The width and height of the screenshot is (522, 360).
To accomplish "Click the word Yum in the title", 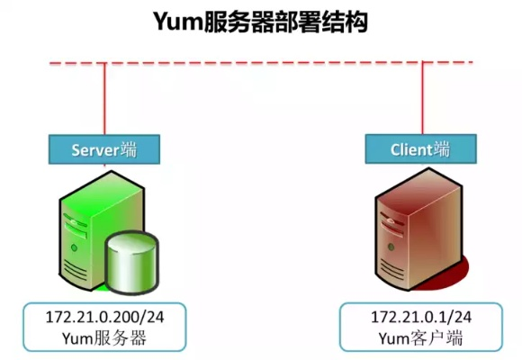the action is pyautogui.click(x=178, y=22).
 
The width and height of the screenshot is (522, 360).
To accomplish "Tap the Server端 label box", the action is pyautogui.click(x=104, y=149).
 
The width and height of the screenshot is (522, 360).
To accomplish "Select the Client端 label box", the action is pyautogui.click(x=421, y=149).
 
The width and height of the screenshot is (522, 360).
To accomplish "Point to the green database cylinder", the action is pyautogui.click(x=132, y=263).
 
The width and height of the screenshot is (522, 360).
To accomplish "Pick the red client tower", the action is pyautogui.click(x=418, y=229).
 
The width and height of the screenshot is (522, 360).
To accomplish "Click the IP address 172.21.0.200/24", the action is pyautogui.click(x=104, y=317).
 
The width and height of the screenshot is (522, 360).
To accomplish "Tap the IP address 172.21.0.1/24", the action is pyautogui.click(x=421, y=317).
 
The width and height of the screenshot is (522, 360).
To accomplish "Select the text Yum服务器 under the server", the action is pyautogui.click(x=104, y=338).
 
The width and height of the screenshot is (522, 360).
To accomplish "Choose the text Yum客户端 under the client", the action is pyautogui.click(x=421, y=338).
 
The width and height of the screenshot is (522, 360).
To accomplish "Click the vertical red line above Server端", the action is pyautogui.click(x=104, y=99).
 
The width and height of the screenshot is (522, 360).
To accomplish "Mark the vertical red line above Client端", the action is pyautogui.click(x=422, y=98).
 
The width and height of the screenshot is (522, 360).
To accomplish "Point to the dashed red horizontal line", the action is pyautogui.click(x=261, y=63).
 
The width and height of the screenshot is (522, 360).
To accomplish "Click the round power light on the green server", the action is pyautogui.click(x=74, y=247).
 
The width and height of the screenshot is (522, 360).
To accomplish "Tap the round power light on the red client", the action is pyautogui.click(x=391, y=247).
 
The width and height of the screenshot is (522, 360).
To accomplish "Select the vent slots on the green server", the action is pyautogui.click(x=75, y=268).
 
